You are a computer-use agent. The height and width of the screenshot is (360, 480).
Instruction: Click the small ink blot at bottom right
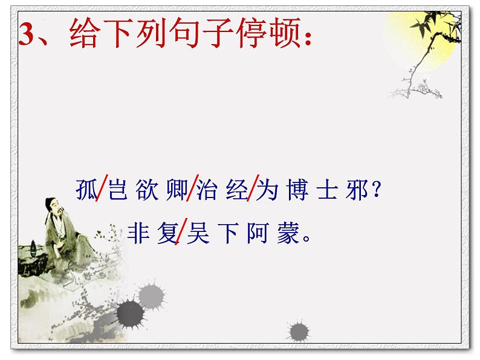coord(299,331)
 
